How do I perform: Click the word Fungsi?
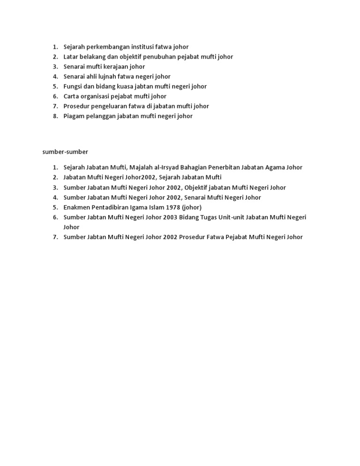[73, 86]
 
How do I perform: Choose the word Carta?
[71, 96]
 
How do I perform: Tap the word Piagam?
[74, 116]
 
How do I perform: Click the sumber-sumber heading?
[65, 152]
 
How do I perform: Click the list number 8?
[55, 116]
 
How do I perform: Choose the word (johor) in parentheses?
[192, 207]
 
